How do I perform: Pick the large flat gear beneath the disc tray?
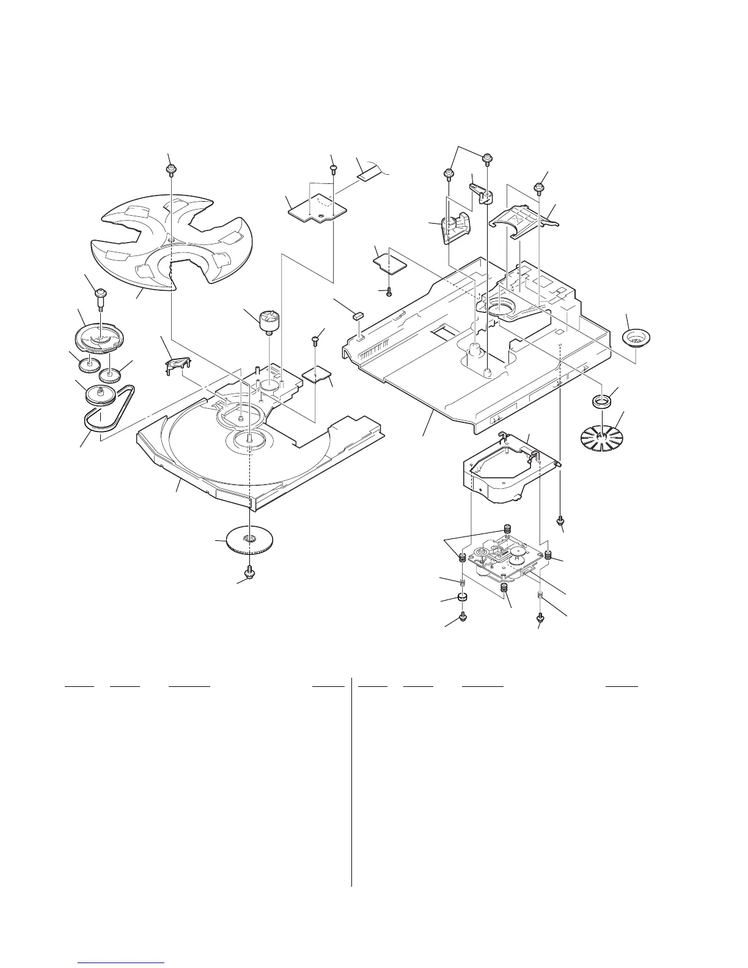coord(249,540)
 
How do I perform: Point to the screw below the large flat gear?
coord(249,573)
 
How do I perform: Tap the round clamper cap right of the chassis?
coord(636,338)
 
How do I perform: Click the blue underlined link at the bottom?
coord(122,964)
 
